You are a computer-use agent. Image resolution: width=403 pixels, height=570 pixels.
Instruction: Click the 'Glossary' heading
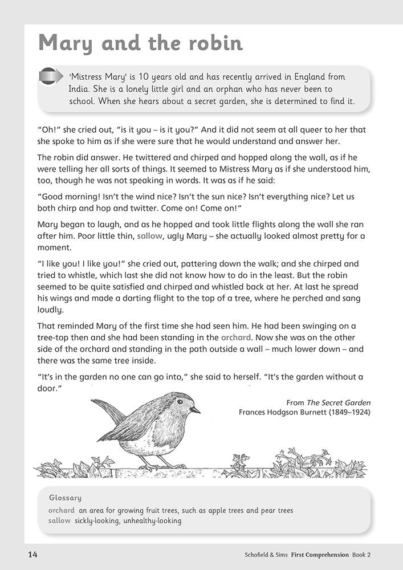tap(65, 498)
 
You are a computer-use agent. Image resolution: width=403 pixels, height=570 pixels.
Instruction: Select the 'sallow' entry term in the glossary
tap(60, 520)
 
